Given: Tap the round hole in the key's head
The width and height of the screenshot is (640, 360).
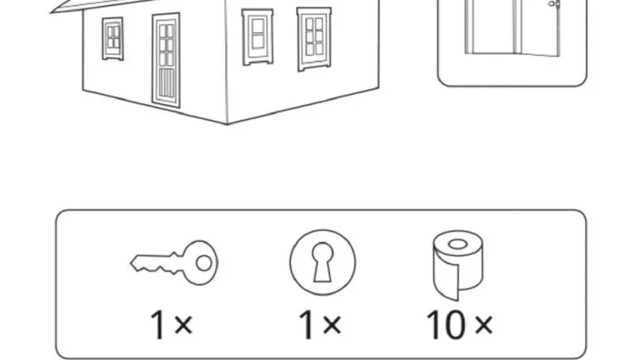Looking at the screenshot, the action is tap(204, 264).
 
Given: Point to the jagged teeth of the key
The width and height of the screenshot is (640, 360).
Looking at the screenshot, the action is tap(157, 269).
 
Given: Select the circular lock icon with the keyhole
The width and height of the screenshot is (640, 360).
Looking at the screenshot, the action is tap(322, 262).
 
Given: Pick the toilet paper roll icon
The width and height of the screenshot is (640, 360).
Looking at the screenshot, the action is tap(458, 265).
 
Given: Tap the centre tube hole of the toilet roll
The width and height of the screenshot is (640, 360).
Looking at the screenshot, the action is tap(457, 244).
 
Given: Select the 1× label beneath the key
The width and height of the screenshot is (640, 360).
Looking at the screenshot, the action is tap(171, 324).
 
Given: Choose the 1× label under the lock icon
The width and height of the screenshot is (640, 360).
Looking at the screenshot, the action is tap(320, 324).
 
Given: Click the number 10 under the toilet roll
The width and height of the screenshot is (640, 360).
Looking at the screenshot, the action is tap(446, 324).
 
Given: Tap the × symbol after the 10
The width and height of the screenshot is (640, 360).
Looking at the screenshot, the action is tap(484, 325).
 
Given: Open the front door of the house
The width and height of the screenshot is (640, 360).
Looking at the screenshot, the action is tap(166, 60).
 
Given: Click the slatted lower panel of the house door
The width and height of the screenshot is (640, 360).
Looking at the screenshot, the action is tap(165, 84).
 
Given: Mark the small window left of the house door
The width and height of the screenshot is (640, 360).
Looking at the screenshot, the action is tap(113, 39).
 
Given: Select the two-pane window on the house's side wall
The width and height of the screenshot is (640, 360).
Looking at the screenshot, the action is tap(258, 37).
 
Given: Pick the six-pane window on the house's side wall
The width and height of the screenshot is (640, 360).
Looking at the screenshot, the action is tap(314, 38).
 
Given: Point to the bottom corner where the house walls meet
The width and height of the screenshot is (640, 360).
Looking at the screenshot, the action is tap(228, 124).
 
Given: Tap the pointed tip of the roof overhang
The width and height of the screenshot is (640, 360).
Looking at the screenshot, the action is tap(51, 12).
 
